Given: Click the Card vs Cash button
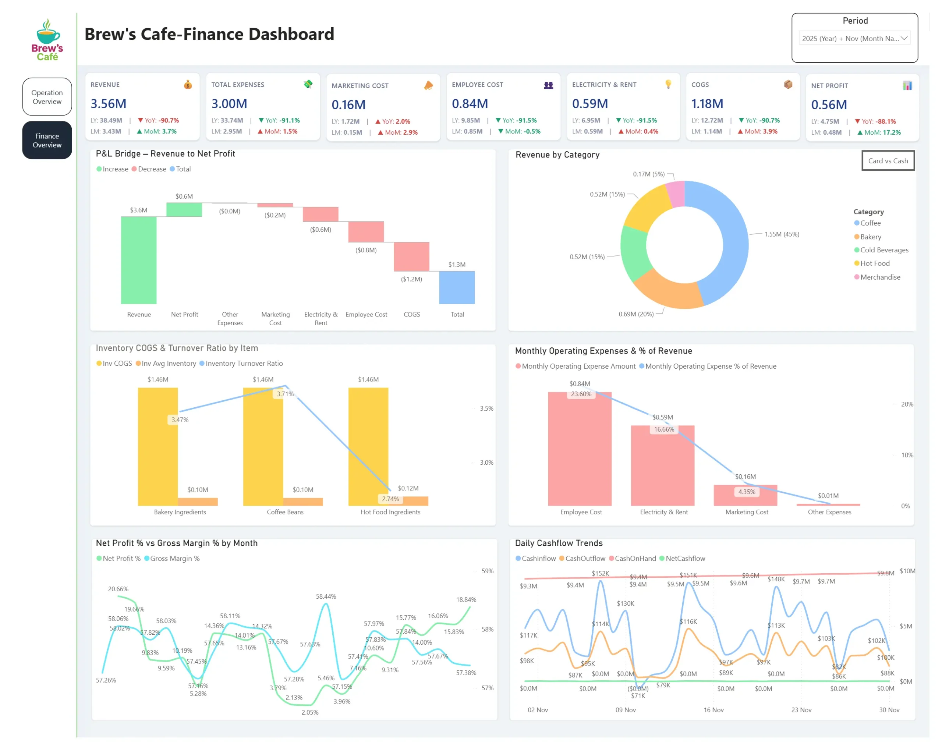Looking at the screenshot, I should click(888, 161).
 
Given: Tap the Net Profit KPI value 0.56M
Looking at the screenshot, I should click(828, 105).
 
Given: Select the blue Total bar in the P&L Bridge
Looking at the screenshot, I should click(457, 287).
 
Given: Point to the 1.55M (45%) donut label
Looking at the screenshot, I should click(781, 234).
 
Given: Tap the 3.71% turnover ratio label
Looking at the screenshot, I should click(285, 394).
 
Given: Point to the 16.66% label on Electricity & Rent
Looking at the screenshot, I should click(664, 429).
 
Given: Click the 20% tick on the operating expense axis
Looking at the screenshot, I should click(907, 404).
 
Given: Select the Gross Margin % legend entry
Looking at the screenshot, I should click(174, 558).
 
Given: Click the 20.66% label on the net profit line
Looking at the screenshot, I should click(118, 589).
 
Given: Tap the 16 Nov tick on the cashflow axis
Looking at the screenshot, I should click(713, 710).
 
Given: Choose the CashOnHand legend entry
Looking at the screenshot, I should click(635, 558).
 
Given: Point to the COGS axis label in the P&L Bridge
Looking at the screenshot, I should click(412, 314).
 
